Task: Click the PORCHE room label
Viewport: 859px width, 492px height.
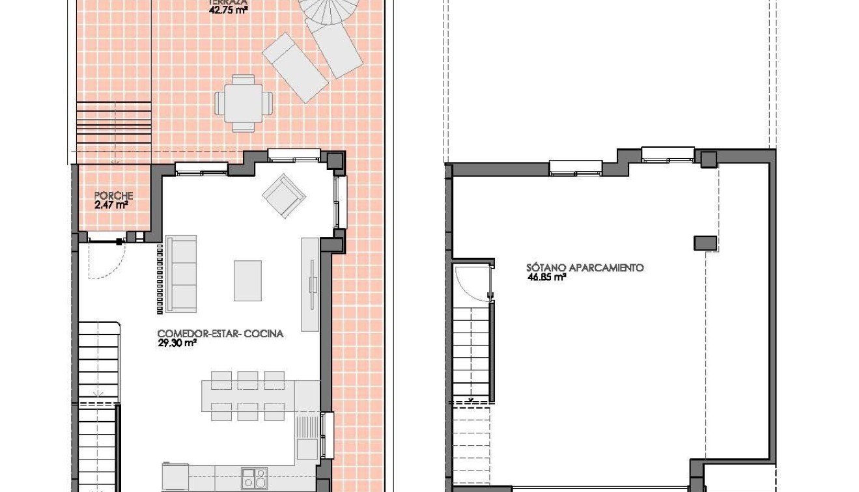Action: coord(113,195)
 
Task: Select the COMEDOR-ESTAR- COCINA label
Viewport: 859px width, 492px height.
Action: coord(221,334)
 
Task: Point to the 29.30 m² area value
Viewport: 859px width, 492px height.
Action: coord(176,343)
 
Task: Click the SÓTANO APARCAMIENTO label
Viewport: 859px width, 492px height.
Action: coord(585,267)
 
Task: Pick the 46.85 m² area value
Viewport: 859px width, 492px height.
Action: coord(546,277)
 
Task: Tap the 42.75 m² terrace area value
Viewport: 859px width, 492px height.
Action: coord(223,10)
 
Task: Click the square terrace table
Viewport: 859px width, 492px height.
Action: coord(244,103)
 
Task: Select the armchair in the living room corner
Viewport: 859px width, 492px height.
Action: coord(284,195)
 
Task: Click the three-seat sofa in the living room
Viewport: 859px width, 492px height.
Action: coord(181,273)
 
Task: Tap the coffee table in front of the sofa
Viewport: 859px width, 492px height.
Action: coord(247,280)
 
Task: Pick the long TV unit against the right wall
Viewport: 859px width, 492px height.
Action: coord(310,284)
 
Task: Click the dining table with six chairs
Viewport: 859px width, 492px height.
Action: coord(248,395)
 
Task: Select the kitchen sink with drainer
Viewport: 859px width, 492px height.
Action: coord(307,436)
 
